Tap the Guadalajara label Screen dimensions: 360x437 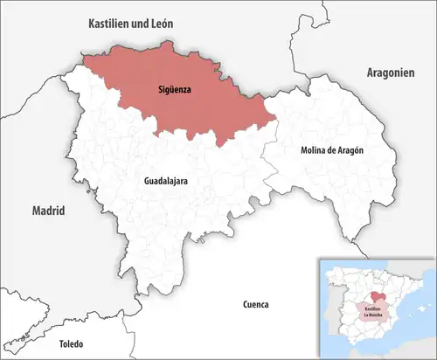coord(165,182)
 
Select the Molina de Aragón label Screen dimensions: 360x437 coord(332,150)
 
